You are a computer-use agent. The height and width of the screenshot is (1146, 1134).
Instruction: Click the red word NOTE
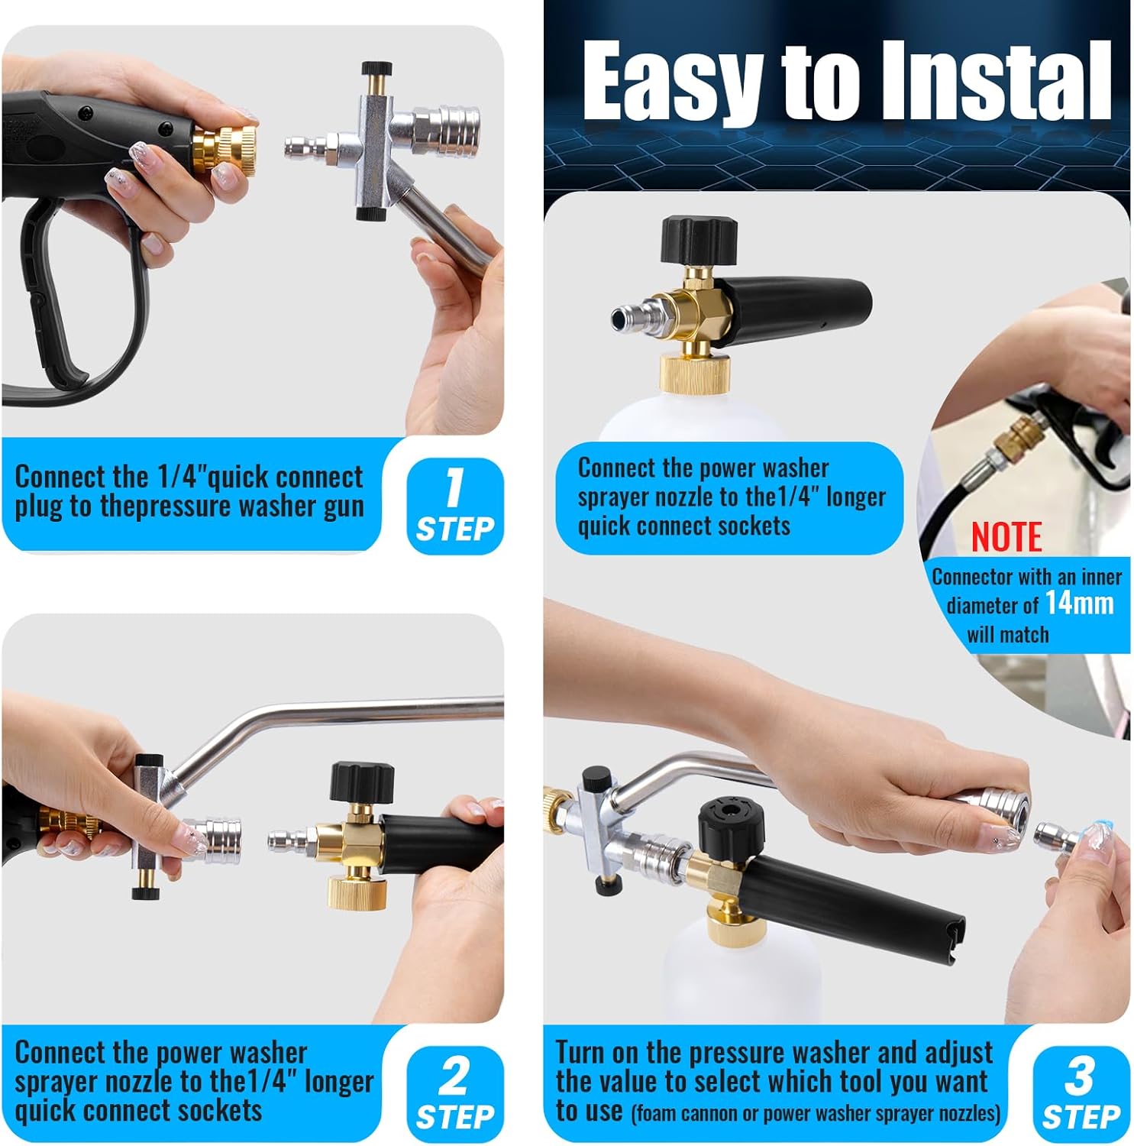pos(1006,537)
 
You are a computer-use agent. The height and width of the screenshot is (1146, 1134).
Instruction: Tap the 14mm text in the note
pos(1079,604)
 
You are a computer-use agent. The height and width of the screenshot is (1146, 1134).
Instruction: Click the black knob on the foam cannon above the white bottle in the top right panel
pos(699,239)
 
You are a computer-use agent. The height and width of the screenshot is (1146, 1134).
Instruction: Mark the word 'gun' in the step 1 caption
pos(343,507)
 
